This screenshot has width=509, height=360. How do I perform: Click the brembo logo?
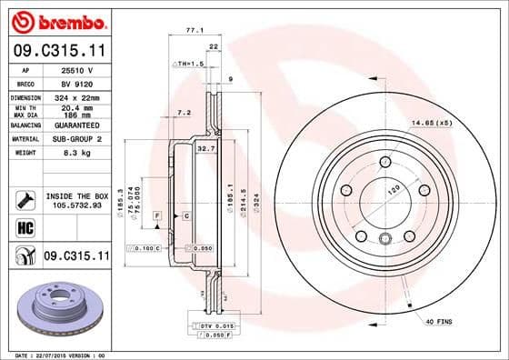tap(56, 20)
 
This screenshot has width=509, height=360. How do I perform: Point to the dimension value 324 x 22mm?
tap(76, 95)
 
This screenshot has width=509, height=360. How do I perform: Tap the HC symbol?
tap(25, 227)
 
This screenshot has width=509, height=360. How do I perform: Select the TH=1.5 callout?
tap(187, 65)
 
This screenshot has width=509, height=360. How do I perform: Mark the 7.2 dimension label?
tap(183, 113)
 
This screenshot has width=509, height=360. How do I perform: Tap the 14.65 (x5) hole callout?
tap(432, 121)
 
